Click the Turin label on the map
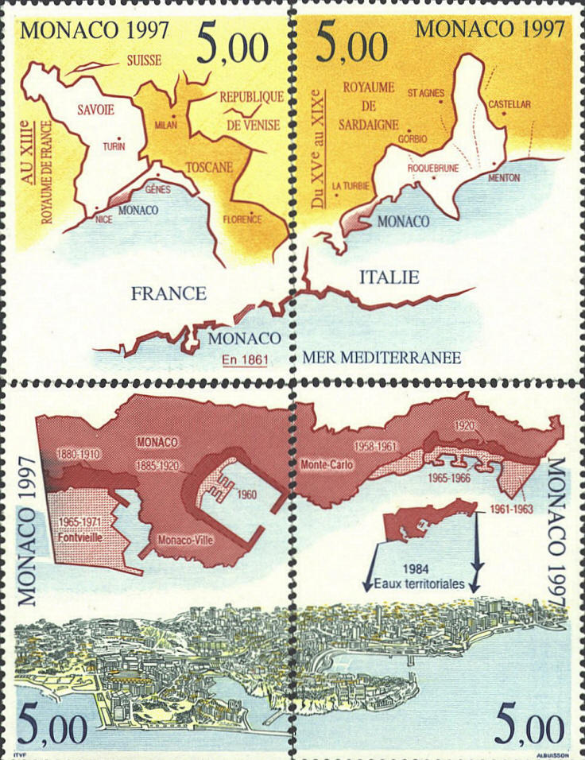point(114,147)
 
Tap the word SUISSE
point(143,60)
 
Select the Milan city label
point(165,125)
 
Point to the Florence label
point(242,219)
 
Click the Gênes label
point(158,190)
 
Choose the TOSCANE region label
point(209,168)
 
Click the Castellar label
point(509,104)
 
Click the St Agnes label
point(425,92)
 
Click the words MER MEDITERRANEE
point(382,359)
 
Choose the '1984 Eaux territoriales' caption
point(422,577)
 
